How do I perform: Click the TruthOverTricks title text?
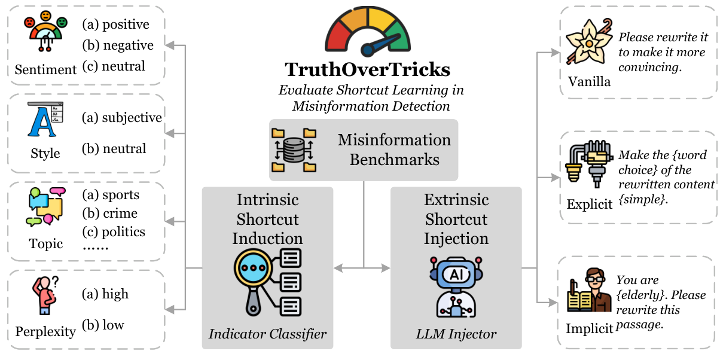[x=367, y=69]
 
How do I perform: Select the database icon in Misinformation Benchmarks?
[x=293, y=150]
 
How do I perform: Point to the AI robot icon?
[x=456, y=285]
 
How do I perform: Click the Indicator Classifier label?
[x=267, y=334]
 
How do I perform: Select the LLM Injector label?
[x=456, y=334]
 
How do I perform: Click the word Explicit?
[x=590, y=204]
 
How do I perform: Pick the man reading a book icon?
[x=590, y=291]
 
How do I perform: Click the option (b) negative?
[x=117, y=45]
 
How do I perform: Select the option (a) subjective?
[x=121, y=117]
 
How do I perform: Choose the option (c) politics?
[x=114, y=231]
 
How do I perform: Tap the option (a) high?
[x=105, y=294]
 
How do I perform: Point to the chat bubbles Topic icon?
[x=45, y=207]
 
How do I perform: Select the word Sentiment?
[x=45, y=69]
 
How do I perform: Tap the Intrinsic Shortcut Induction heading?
[x=267, y=218]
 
